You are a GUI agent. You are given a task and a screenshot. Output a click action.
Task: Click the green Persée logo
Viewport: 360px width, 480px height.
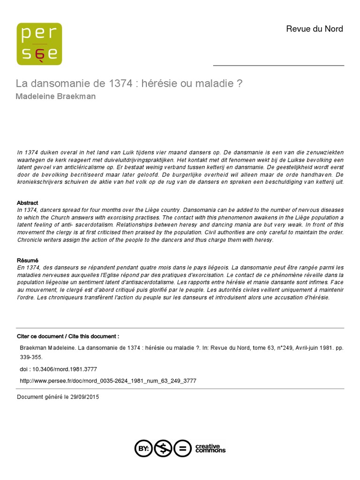[x=39, y=44]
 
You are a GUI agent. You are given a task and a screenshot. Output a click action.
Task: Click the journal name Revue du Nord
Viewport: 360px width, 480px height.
[x=314, y=29]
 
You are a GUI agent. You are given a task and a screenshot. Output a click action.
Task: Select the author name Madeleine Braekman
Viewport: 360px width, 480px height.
[x=56, y=97]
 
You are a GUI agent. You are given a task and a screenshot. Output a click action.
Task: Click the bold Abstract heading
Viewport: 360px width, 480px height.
[x=28, y=203]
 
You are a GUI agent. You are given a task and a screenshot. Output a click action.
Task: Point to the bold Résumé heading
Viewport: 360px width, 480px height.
[x=28, y=260]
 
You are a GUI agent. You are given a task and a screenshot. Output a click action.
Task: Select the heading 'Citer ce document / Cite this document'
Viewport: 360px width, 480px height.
[x=68, y=337]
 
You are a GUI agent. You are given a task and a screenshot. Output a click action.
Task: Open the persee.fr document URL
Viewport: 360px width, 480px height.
[x=108, y=381]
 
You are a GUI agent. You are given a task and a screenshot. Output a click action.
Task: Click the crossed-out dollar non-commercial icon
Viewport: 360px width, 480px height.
[x=163, y=449]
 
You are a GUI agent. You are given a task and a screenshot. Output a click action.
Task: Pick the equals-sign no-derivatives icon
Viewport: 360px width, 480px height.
[x=183, y=449]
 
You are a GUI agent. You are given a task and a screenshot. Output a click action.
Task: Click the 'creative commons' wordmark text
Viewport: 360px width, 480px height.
[x=210, y=449]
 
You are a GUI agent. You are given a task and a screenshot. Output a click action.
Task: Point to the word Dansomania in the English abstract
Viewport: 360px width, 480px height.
[x=143, y=210]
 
